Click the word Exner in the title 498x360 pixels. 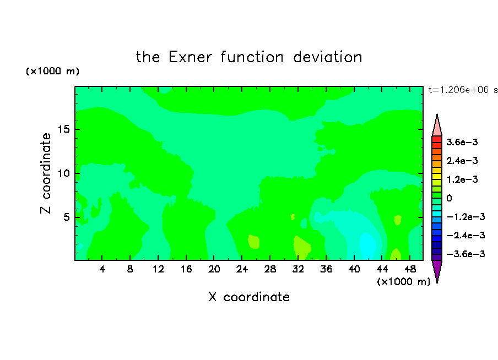[x=190, y=57]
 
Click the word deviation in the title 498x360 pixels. [x=327, y=57]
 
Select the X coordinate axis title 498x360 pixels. [x=249, y=297]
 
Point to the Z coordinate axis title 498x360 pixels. [x=46, y=173]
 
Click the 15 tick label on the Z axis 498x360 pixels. [x=63, y=129]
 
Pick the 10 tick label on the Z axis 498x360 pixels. [x=63, y=173]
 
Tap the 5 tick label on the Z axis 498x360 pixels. [x=66, y=217]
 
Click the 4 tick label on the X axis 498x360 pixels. [x=102, y=269]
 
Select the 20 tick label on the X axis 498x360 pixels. [x=214, y=269]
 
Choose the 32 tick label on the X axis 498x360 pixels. [x=298, y=269]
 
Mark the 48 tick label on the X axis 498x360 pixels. [x=410, y=269]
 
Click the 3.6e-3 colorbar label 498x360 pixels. [x=462, y=142]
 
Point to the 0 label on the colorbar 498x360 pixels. [x=449, y=198]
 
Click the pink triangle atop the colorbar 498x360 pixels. [x=437, y=127]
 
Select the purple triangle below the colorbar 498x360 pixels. [x=437, y=270]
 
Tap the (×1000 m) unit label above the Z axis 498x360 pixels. [x=52, y=71]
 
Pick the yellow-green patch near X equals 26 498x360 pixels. [x=253, y=242]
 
